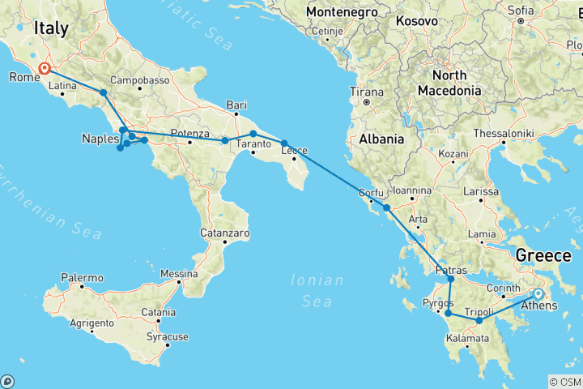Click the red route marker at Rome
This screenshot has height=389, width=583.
click(44, 70)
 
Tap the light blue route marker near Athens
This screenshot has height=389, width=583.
click(538, 293)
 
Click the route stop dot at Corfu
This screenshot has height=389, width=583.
click(387, 208)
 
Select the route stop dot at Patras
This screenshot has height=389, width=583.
click(451, 279)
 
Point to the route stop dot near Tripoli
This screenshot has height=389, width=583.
click(479, 321)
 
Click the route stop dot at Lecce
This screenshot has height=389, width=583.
click(284, 143)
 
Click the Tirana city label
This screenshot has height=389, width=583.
click(366, 92)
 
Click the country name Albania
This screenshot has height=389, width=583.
click(382, 139)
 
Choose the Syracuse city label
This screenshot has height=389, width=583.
click(168, 336)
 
